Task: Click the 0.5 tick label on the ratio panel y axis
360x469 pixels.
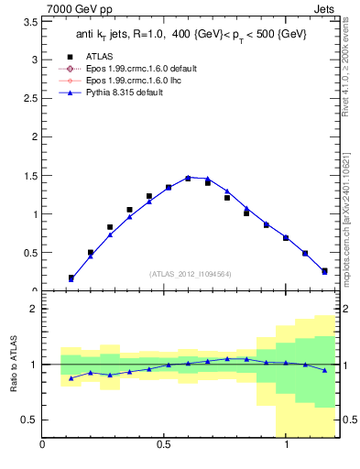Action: tap(30, 420)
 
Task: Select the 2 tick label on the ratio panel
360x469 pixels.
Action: tap(34, 309)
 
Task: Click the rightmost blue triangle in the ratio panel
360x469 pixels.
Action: tap(324, 370)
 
